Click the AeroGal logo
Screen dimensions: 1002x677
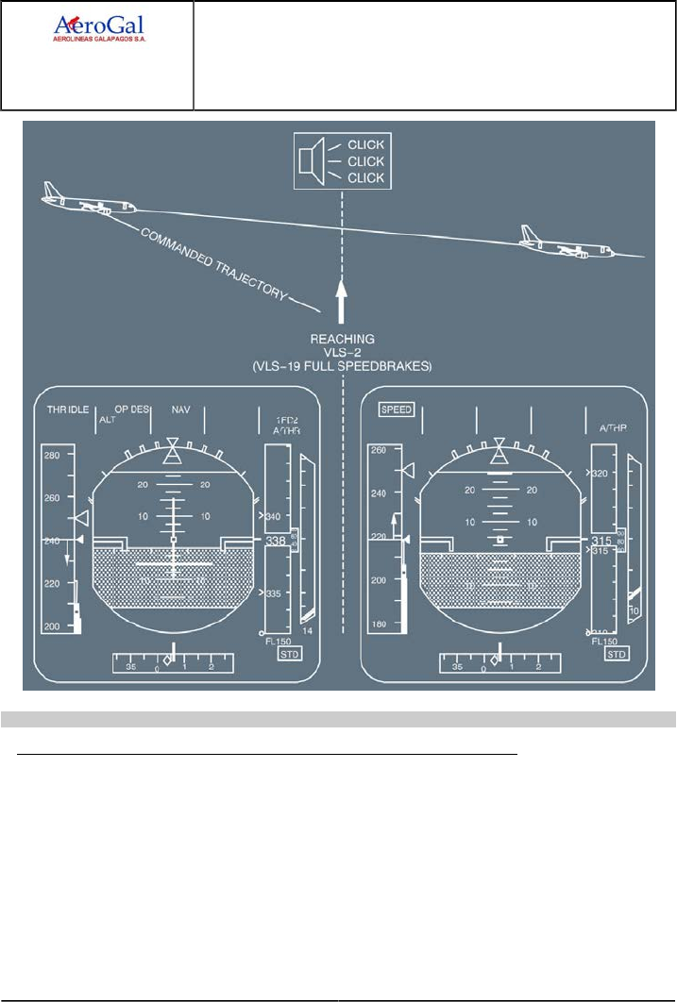tap(98, 29)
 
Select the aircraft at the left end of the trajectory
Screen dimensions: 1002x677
tap(86, 202)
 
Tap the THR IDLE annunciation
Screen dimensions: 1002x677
tap(68, 410)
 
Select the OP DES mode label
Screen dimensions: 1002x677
tap(133, 410)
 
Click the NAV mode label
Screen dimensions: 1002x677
tap(180, 410)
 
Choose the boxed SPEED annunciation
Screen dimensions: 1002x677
tap(396, 410)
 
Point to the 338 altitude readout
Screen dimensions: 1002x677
tap(276, 541)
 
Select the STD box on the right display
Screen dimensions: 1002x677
tap(617, 654)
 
